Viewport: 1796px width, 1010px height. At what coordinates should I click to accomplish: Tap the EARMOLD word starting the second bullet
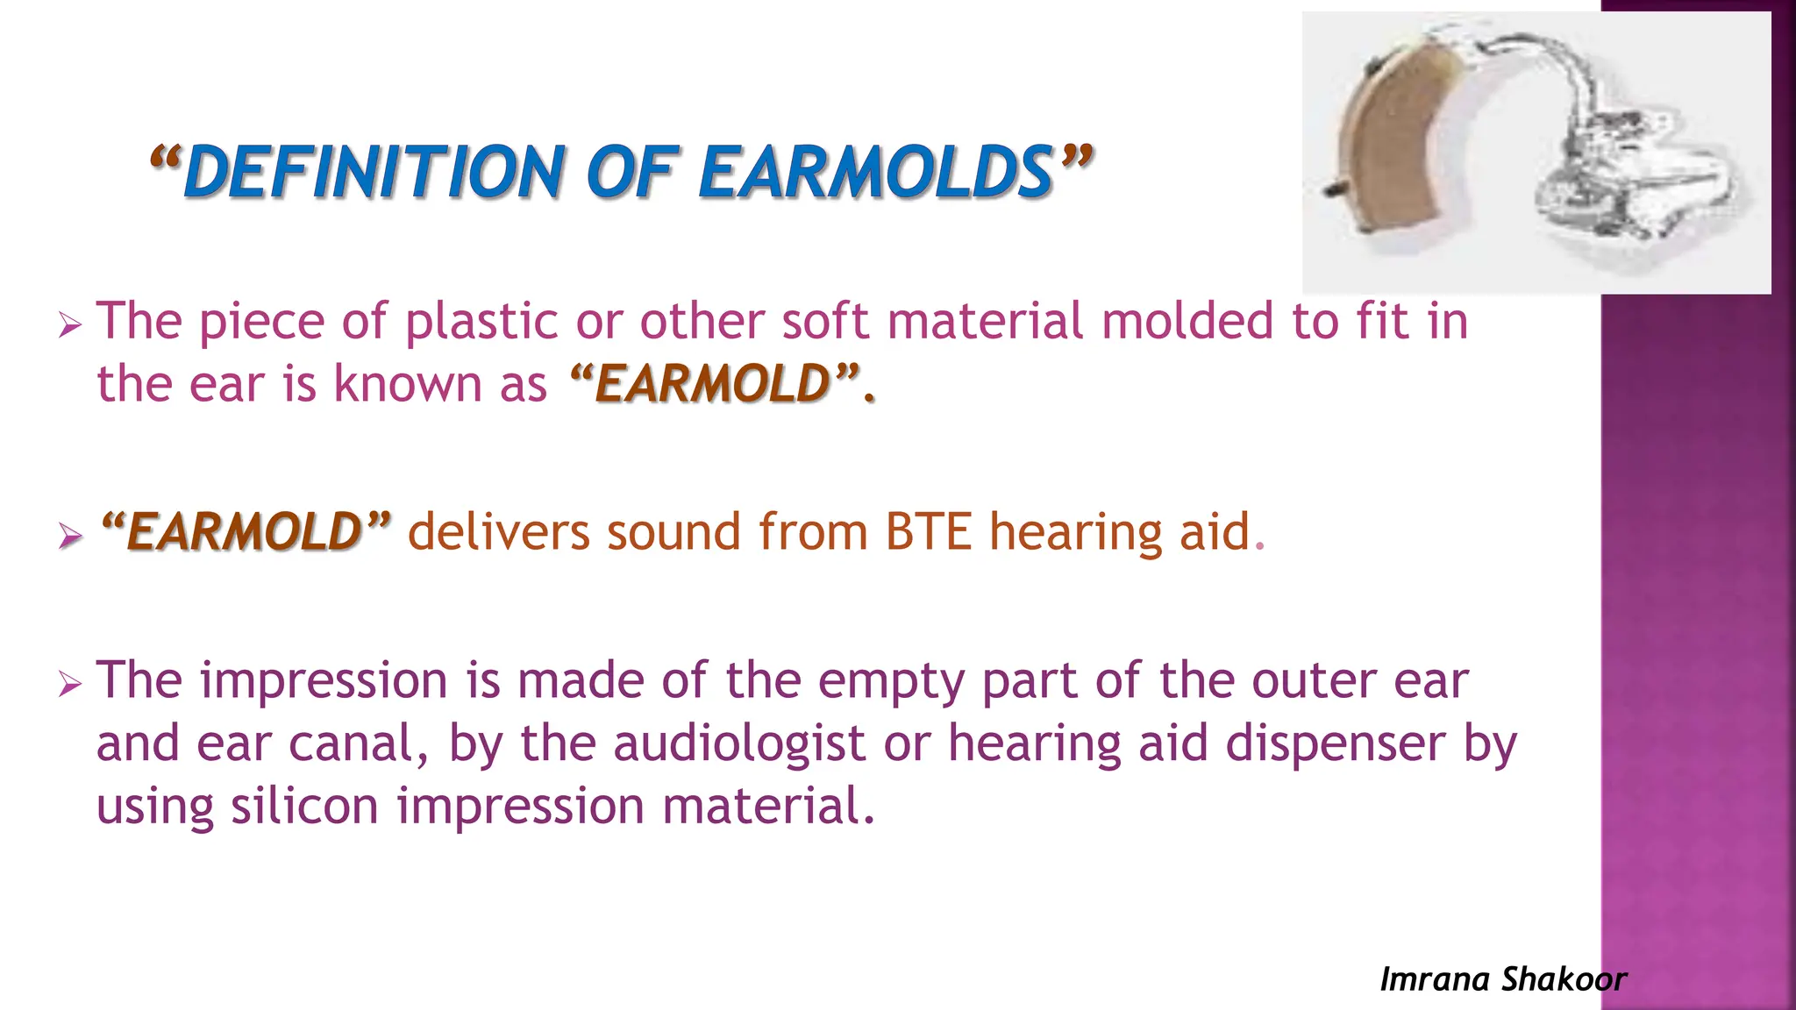click(x=245, y=532)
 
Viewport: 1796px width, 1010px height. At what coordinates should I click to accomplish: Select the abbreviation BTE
click(x=928, y=532)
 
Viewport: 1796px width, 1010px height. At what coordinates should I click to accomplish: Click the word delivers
click(x=499, y=532)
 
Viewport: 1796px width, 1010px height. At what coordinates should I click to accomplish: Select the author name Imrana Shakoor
click(x=1503, y=979)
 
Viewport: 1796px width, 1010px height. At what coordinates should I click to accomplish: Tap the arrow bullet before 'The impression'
click(x=70, y=685)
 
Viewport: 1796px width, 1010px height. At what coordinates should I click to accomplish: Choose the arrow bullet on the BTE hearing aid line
click(x=70, y=535)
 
